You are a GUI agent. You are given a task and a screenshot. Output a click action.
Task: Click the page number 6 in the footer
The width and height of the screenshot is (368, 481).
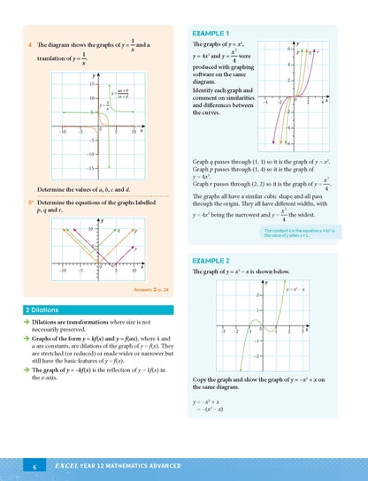tap(34, 466)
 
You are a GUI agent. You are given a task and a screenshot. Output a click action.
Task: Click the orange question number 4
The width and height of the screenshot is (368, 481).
tap(31, 42)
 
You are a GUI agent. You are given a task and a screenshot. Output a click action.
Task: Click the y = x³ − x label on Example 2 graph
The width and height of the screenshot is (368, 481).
tap(295, 289)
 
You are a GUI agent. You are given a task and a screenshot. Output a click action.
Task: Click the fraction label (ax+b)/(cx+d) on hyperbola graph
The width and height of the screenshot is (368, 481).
tap(122, 92)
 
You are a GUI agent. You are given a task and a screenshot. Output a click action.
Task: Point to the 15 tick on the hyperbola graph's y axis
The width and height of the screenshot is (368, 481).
tap(91, 85)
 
